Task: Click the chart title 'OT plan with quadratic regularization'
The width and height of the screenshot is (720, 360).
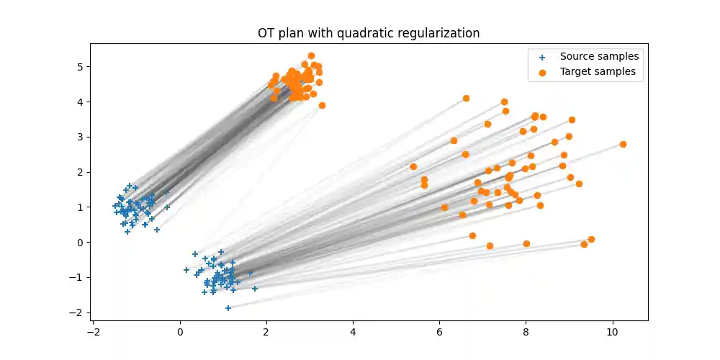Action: [369, 33]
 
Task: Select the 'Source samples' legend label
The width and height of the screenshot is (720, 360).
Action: [599, 56]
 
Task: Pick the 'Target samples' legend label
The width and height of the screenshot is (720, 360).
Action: [598, 71]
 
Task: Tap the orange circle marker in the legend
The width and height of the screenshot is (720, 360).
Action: [542, 72]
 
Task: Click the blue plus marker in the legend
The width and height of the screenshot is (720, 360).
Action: [542, 57]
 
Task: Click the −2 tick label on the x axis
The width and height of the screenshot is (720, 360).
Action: [93, 332]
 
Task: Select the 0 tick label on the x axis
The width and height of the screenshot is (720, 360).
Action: [180, 332]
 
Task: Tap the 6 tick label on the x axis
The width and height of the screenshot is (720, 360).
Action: [439, 332]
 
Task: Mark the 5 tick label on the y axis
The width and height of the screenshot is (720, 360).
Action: [81, 67]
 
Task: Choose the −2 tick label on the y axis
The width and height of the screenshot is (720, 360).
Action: [78, 312]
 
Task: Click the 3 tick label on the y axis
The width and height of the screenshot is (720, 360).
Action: [81, 137]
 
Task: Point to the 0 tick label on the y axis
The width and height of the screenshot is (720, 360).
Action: [81, 242]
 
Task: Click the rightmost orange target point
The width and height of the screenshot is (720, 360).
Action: [623, 144]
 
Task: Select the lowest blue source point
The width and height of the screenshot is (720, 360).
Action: [228, 307]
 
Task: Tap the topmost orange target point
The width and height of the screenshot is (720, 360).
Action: [311, 55]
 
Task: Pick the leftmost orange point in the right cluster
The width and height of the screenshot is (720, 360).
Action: [413, 166]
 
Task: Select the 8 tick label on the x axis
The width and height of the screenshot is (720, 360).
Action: [526, 332]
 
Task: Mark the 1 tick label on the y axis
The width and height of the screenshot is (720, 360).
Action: [81, 207]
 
